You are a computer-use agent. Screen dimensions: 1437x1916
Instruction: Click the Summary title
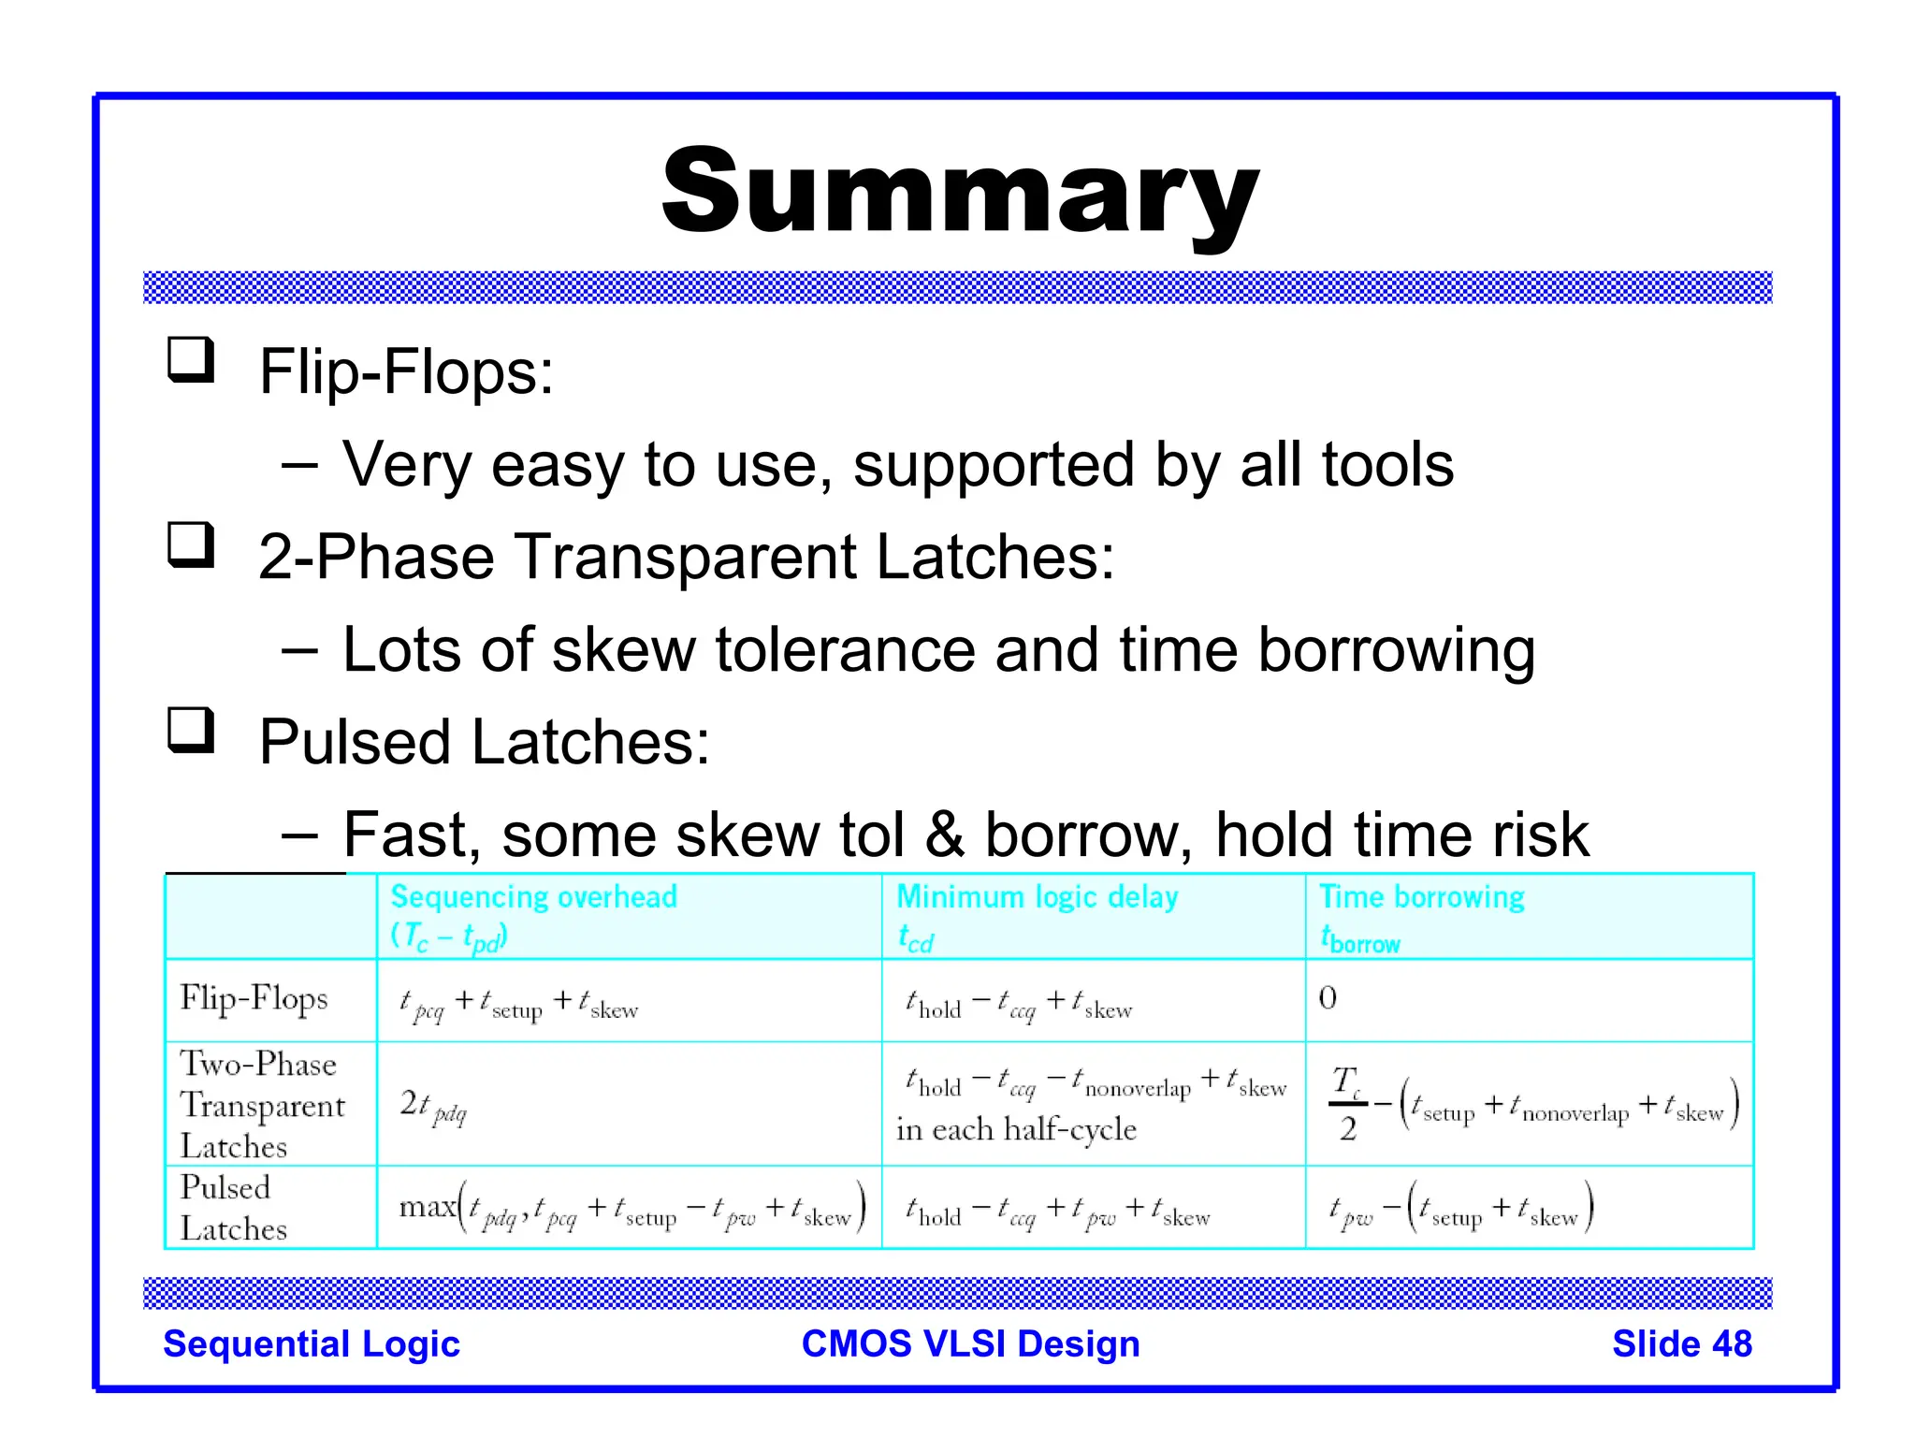point(960,194)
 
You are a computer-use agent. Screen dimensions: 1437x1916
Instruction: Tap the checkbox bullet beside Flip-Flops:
point(191,360)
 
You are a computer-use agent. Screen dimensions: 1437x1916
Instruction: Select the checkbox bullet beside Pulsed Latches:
point(191,731)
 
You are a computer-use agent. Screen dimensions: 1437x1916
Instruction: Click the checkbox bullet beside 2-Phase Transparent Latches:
point(191,545)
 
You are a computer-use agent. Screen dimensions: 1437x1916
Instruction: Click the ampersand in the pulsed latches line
point(944,835)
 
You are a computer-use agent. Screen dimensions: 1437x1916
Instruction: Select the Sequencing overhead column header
point(533,897)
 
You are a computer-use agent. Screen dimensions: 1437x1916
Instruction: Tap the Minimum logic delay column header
point(1037,897)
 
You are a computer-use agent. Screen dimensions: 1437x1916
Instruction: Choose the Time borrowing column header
point(1421,897)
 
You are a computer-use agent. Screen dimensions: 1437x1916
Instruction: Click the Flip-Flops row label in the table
point(254,998)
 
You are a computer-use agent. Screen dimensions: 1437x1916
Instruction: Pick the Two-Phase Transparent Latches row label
point(262,1105)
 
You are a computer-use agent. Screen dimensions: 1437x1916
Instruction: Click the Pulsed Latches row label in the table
point(233,1208)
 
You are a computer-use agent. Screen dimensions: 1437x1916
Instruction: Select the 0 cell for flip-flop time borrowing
point(1328,998)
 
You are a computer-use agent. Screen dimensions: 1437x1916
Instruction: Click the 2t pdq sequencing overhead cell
point(432,1107)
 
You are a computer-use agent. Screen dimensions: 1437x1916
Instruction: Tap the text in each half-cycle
point(1016,1130)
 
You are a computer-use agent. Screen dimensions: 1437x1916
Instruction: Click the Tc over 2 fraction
point(1346,1104)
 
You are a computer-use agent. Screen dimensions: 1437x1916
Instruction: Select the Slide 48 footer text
point(1681,1343)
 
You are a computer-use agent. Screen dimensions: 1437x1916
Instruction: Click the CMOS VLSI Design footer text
point(970,1343)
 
